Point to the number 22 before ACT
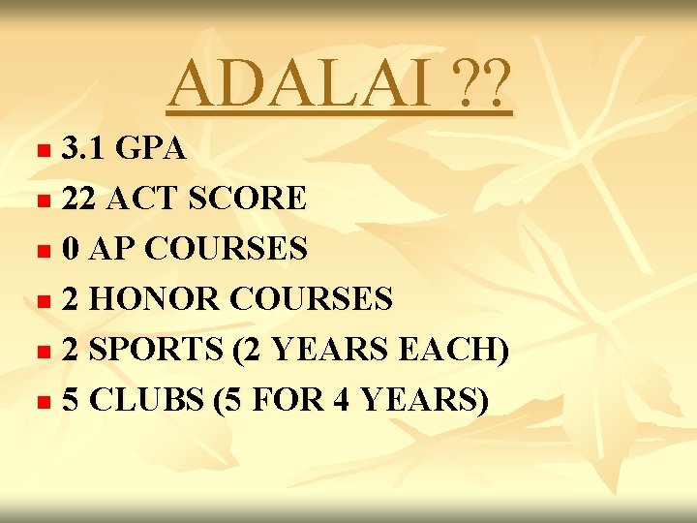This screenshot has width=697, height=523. coord(79,200)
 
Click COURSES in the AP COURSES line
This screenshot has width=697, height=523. coord(225,250)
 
